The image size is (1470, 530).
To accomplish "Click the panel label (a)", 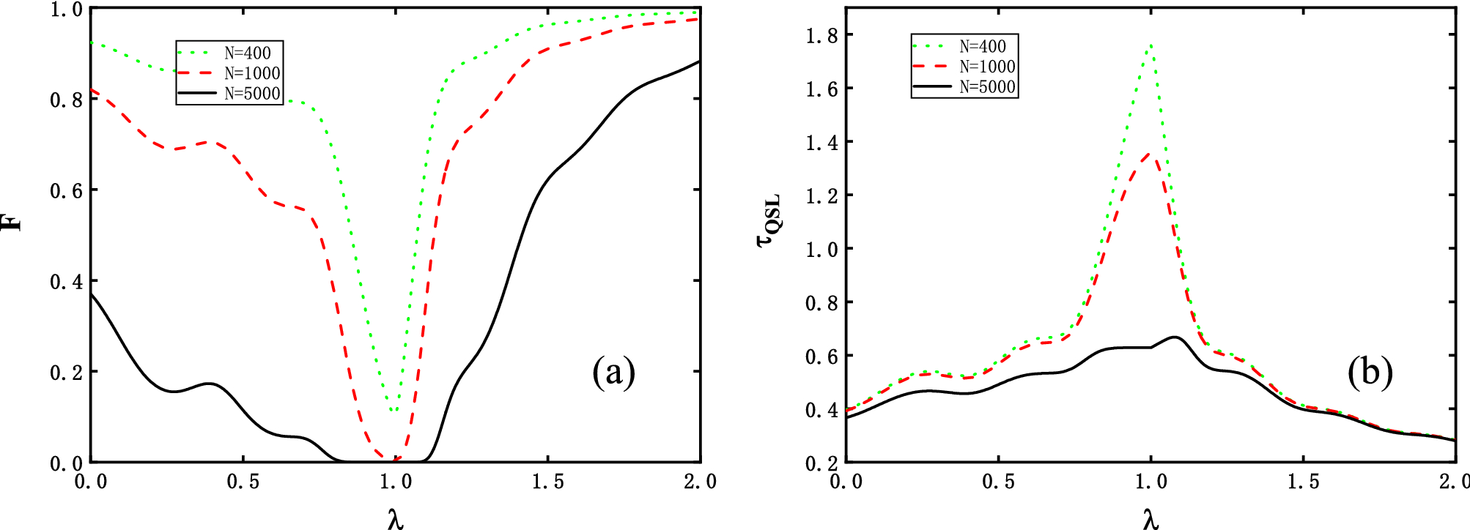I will tap(613, 372).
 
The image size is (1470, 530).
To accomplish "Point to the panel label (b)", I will tap(1370, 372).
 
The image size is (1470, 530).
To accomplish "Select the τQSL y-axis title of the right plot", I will tap(769, 221).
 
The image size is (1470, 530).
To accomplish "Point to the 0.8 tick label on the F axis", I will tap(66, 100).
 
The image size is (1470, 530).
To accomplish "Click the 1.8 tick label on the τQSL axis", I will tap(821, 35).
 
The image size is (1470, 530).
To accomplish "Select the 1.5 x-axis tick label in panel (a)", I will tap(548, 482).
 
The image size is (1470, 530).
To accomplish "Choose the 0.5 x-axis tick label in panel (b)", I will tap(999, 482).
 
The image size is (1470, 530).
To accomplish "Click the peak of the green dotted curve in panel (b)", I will tap(1151, 45).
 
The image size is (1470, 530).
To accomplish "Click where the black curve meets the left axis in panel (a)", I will tap(92, 294).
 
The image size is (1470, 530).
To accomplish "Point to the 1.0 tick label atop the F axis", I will tap(66, 10).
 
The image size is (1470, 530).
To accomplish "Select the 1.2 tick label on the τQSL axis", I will tap(821, 195).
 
